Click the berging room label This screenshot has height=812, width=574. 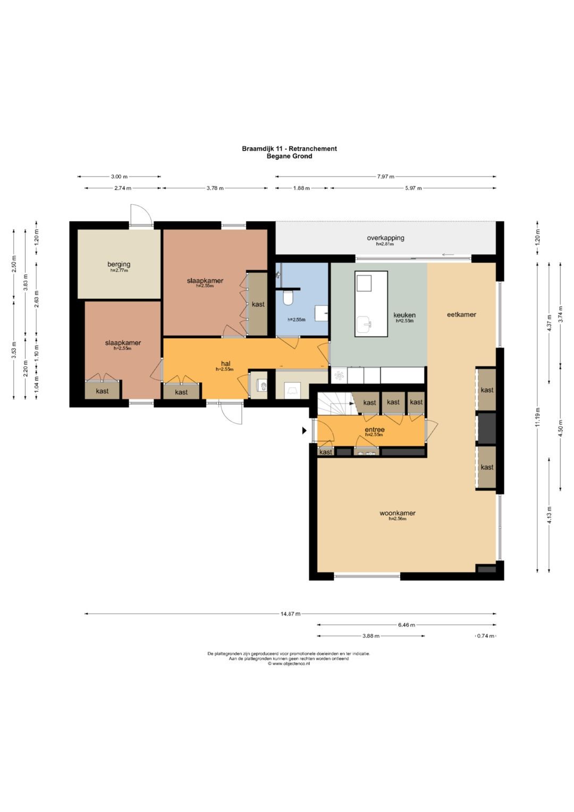pyautogui.click(x=119, y=264)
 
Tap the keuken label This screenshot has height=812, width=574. pyautogui.click(x=404, y=315)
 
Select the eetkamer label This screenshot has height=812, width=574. pyautogui.click(x=461, y=315)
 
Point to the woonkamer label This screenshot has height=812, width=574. pyautogui.click(x=398, y=513)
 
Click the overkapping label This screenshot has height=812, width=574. pyautogui.click(x=385, y=238)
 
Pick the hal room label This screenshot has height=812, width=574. pyautogui.click(x=226, y=364)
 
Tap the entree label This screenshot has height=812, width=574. pyautogui.click(x=375, y=430)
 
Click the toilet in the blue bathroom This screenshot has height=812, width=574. pyautogui.click(x=289, y=298)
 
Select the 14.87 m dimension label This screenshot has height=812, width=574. pyautogui.click(x=290, y=614)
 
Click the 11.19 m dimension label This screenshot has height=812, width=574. pyautogui.click(x=537, y=417)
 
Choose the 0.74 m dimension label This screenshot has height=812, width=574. pyautogui.click(x=486, y=636)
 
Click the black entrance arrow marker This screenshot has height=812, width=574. pyautogui.click(x=305, y=430)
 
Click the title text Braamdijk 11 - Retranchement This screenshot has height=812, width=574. pyautogui.click(x=289, y=148)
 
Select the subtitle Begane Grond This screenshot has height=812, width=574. pyautogui.click(x=289, y=156)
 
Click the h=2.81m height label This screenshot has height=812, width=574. pyautogui.click(x=385, y=244)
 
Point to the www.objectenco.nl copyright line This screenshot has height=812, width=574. pyautogui.click(x=289, y=664)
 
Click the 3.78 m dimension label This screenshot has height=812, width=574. pyautogui.click(x=215, y=188)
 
